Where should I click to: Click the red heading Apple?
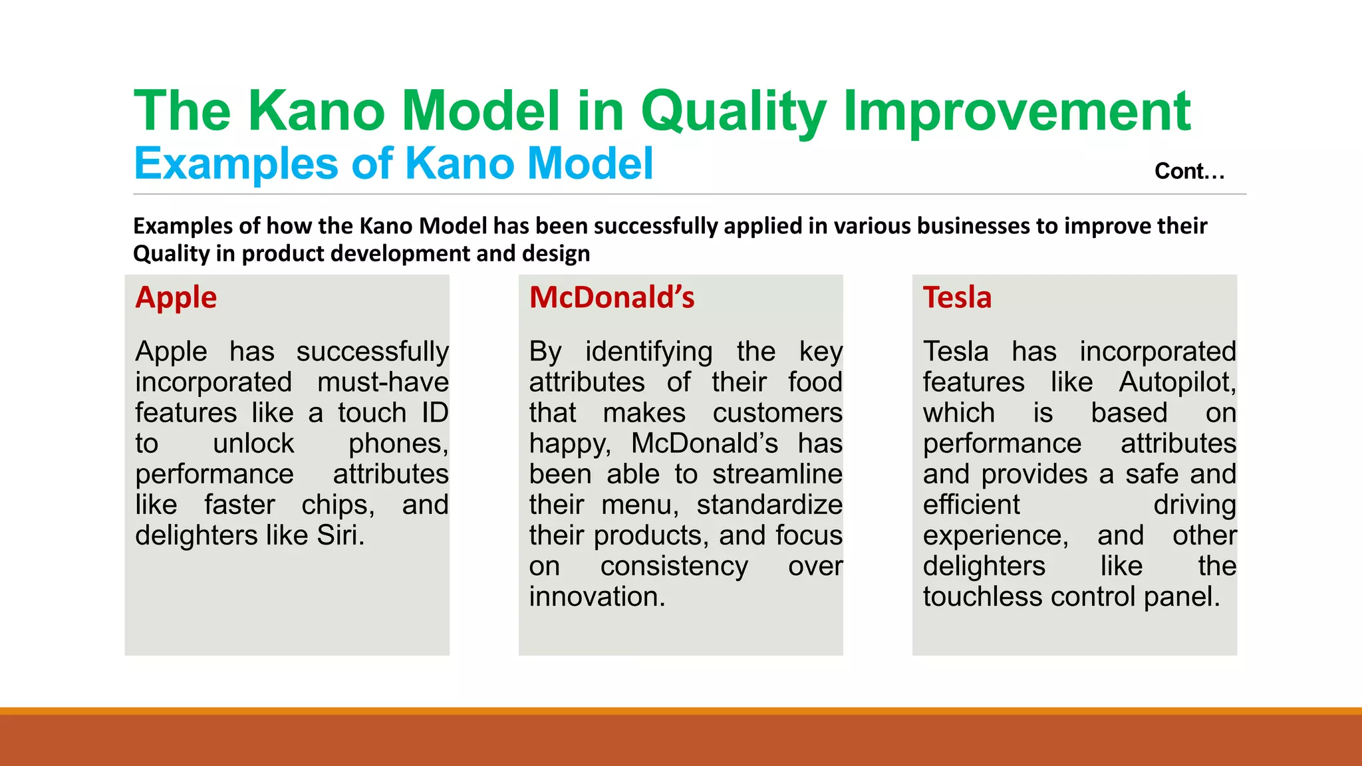click(x=176, y=298)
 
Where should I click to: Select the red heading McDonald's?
click(x=611, y=298)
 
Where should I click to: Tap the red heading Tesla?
click(x=956, y=298)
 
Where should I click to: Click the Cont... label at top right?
click(x=1188, y=172)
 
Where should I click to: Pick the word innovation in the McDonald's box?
click(x=596, y=597)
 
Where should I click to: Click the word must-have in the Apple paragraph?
click(x=382, y=382)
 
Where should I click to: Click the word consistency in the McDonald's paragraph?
click(x=674, y=567)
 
